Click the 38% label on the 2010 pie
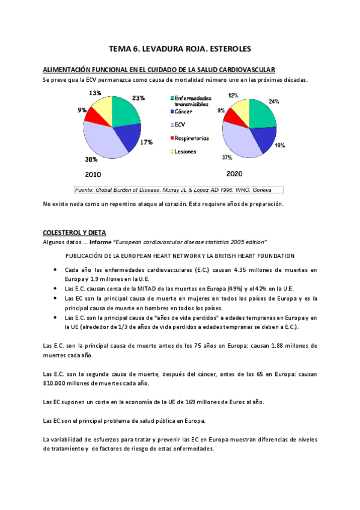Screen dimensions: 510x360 (91, 159)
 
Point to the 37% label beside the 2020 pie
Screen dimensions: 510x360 (227, 158)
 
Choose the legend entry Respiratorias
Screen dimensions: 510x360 (192, 138)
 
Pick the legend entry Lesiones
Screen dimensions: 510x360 (186, 152)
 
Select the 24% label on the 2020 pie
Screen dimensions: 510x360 (273, 102)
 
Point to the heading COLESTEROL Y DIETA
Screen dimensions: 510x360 (74, 232)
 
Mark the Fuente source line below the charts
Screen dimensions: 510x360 (177, 190)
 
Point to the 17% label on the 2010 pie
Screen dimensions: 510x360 (146, 143)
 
